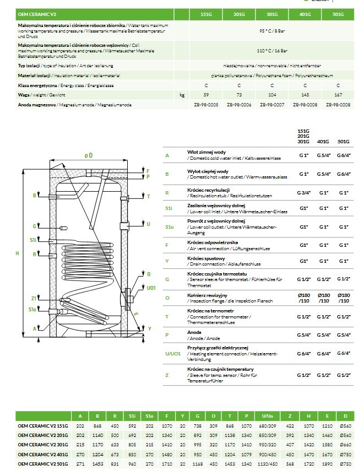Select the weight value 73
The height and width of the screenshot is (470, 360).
point(239,95)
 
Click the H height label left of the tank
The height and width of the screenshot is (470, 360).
point(18,253)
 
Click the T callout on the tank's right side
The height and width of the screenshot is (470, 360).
point(148,196)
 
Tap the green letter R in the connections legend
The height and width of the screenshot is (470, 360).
point(167,193)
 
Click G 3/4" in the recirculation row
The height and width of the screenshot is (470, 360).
point(303,193)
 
